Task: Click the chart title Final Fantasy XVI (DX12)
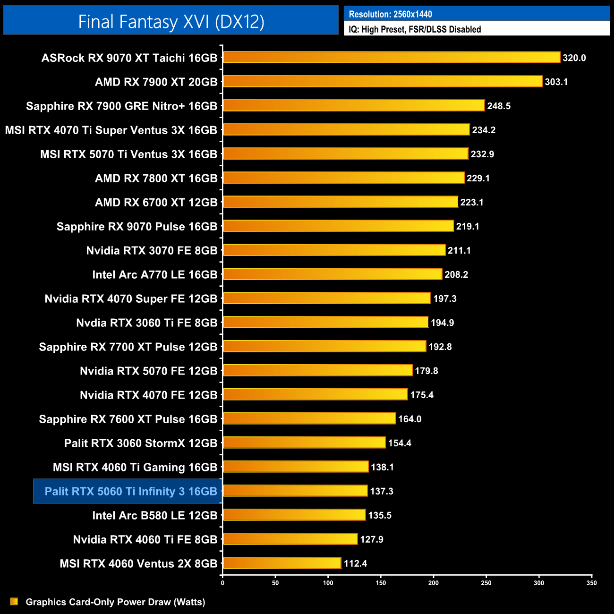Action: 171,21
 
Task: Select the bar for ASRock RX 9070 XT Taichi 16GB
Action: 392,58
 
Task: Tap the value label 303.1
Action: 556,82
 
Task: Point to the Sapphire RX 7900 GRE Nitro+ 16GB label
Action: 121,106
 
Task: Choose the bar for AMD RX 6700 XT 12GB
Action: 341,202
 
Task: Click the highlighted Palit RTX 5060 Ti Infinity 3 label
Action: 130,491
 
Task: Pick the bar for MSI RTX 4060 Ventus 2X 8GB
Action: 282,563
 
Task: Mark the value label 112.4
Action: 355,563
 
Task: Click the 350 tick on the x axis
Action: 591,583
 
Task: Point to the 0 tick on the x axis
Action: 222,583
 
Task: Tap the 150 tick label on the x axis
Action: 381,583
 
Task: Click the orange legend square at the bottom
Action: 14,601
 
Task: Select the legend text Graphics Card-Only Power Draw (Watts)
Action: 115,602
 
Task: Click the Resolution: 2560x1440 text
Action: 390,14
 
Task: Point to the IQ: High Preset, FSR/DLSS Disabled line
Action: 415,29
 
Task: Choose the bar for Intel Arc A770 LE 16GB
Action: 333,274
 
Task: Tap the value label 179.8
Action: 426,371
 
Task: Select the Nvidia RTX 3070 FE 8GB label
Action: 152,250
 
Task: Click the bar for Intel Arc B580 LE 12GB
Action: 294,515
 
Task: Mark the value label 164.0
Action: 409,419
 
